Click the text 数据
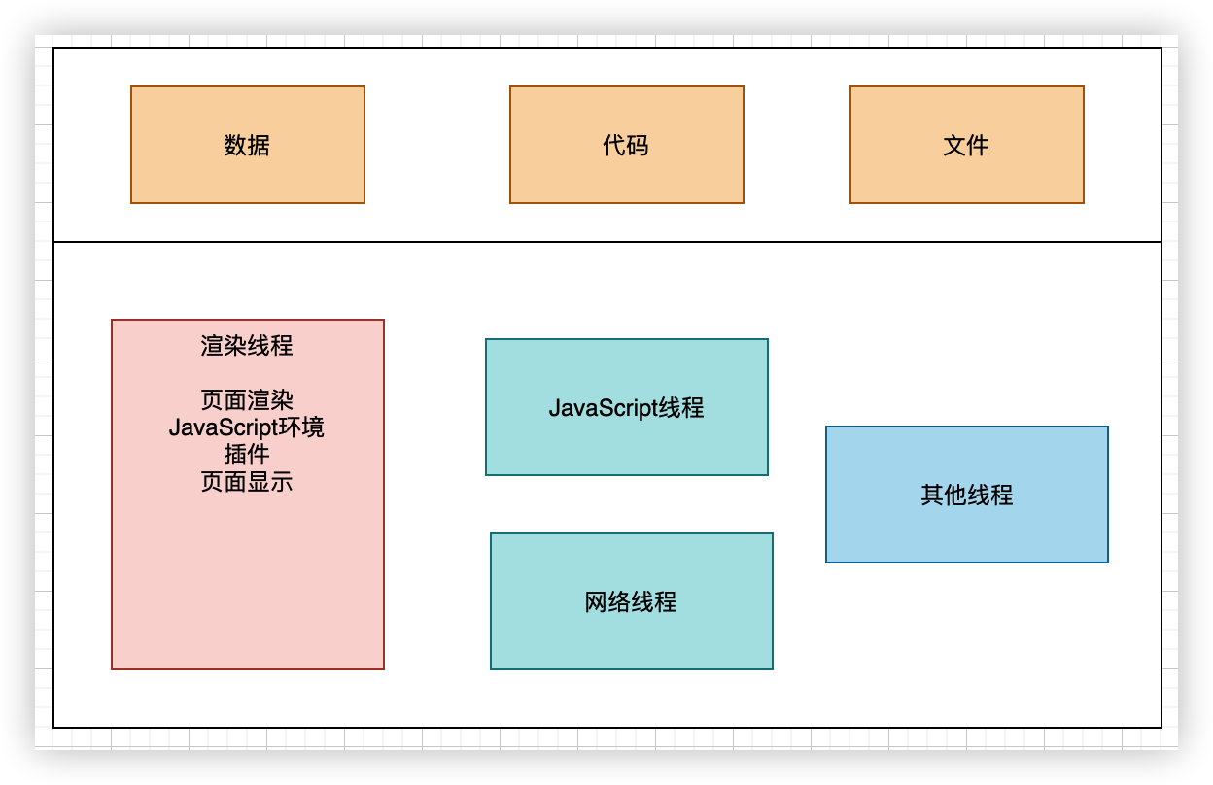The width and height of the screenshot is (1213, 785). [x=247, y=146]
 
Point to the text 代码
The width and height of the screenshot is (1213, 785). [x=626, y=146]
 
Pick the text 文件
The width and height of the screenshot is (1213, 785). [x=966, y=146]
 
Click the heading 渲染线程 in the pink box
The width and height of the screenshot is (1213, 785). [x=247, y=346]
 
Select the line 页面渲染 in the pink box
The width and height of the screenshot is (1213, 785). [x=247, y=400]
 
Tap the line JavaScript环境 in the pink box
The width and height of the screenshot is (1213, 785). [x=247, y=427]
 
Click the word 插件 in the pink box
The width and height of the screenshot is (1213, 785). [x=247, y=455]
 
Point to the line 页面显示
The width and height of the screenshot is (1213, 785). [x=247, y=482]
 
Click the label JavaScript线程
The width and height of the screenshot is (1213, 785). [x=626, y=407]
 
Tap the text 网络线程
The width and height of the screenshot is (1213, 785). [x=631, y=602]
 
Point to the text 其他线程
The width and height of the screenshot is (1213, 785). [x=966, y=495]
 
